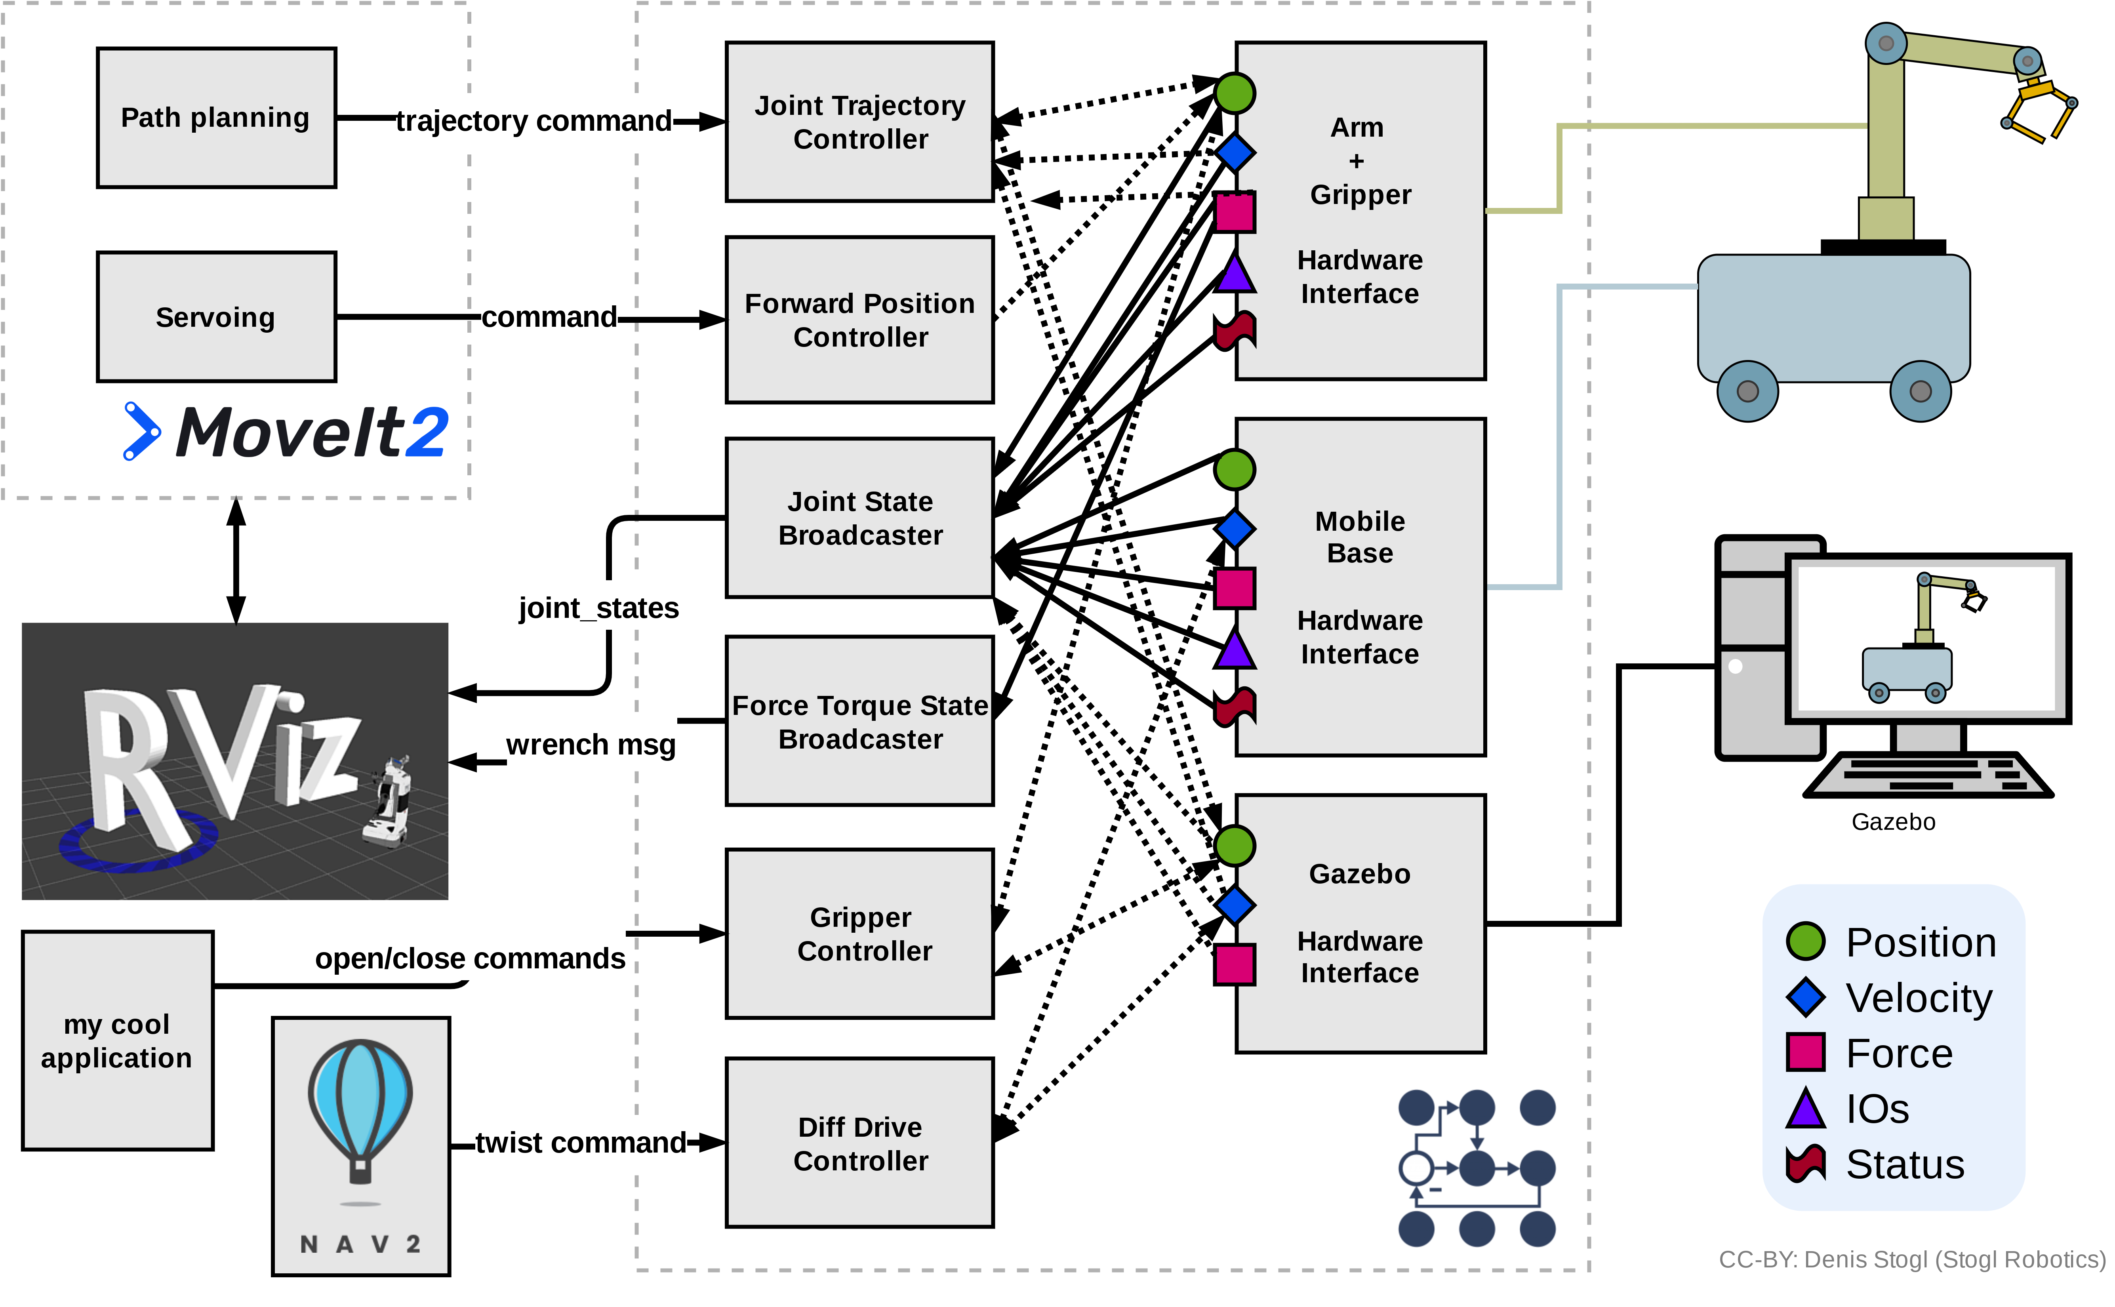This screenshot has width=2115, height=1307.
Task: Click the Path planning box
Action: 216,118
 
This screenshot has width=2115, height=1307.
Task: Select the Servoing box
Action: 216,316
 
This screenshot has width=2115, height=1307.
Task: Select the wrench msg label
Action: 591,743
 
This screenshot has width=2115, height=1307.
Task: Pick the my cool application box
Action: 118,1041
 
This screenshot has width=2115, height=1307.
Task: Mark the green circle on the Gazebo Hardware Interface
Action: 1235,846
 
